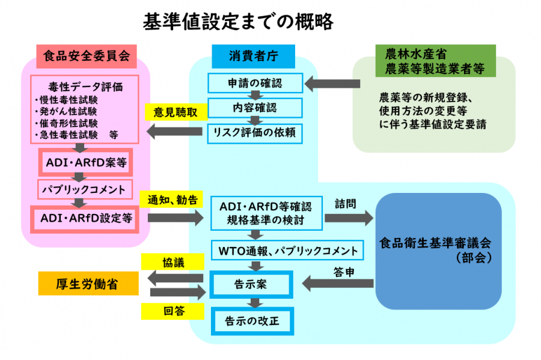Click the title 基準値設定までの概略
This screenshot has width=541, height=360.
click(x=238, y=22)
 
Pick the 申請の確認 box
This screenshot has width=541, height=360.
click(x=255, y=83)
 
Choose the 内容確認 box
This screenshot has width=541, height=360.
click(x=255, y=108)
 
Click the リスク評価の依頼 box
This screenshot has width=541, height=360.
click(x=255, y=133)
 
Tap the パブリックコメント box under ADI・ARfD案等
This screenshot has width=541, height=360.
click(x=85, y=190)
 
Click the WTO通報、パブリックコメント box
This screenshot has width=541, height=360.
click(x=287, y=250)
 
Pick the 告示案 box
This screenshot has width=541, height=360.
click(x=252, y=284)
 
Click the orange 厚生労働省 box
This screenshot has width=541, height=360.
click(x=88, y=284)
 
